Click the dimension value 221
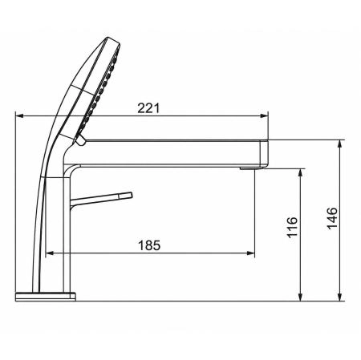(148, 108)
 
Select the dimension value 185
(149, 245)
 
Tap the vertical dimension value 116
(292, 227)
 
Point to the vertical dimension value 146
(332, 218)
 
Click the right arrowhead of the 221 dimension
(264, 115)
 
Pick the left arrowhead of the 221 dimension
(19, 115)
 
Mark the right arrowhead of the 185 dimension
(251, 253)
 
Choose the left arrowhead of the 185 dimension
(50, 253)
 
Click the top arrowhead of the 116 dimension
(300, 172)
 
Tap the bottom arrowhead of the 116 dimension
(300, 297)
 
